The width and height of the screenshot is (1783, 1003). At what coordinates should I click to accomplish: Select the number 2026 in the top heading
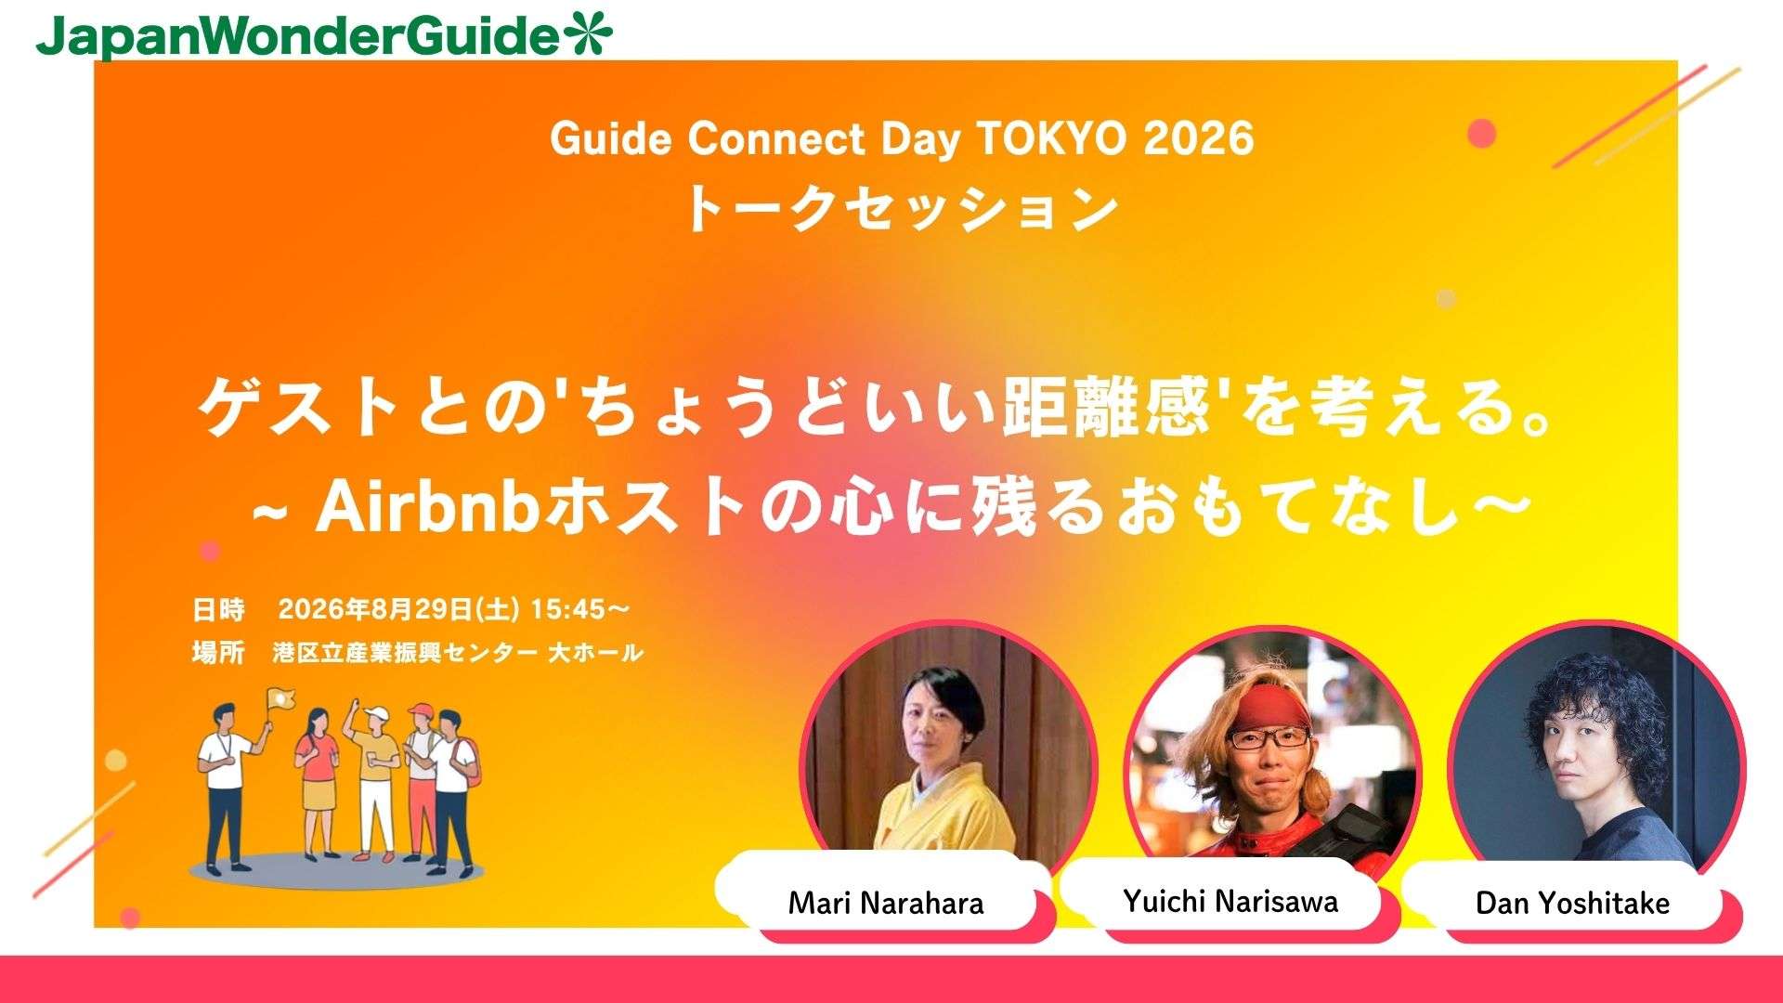(x=1199, y=139)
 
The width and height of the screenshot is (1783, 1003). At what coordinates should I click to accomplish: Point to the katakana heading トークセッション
(x=901, y=208)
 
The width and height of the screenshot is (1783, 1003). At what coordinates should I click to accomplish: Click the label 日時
(x=218, y=609)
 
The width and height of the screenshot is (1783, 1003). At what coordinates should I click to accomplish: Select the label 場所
(x=218, y=652)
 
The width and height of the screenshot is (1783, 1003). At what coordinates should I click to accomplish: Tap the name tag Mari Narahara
(x=885, y=903)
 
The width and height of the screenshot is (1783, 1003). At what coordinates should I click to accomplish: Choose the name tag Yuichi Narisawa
(x=1230, y=900)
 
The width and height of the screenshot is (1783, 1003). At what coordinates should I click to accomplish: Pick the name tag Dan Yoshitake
(x=1572, y=903)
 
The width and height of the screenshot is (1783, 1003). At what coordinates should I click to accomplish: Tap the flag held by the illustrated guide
(x=279, y=699)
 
